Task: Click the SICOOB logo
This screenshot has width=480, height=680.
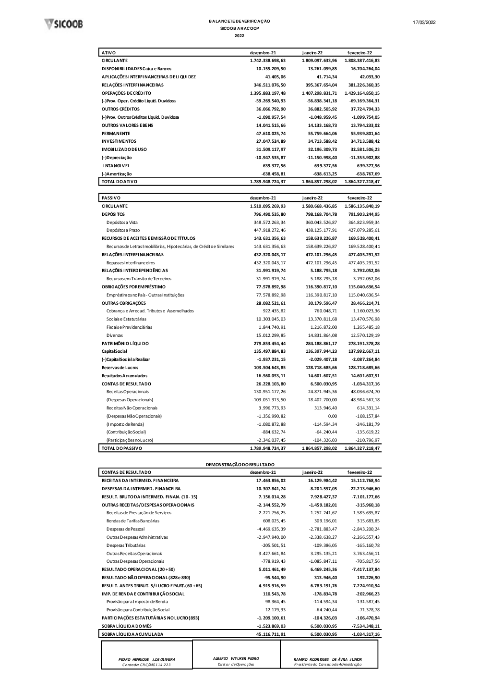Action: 63,24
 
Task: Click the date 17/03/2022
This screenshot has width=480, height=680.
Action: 424,23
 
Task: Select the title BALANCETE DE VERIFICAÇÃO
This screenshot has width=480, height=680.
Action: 239,21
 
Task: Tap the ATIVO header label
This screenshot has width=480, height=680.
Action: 108,53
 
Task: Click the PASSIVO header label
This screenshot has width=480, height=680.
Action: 111,198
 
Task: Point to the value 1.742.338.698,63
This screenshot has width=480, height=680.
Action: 267,61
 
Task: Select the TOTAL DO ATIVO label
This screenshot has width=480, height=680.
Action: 119,182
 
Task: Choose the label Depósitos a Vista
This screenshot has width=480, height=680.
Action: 122,223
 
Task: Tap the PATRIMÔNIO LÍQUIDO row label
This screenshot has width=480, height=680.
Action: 125,344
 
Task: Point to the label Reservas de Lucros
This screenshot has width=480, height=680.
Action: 120,368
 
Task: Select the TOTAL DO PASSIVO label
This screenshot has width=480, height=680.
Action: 121,448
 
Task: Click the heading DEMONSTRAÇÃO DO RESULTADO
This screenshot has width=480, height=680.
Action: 240,465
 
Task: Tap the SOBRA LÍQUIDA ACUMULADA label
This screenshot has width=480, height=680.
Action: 132,634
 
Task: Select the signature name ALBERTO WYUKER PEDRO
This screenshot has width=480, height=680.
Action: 236,658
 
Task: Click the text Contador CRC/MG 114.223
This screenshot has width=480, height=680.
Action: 146,665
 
